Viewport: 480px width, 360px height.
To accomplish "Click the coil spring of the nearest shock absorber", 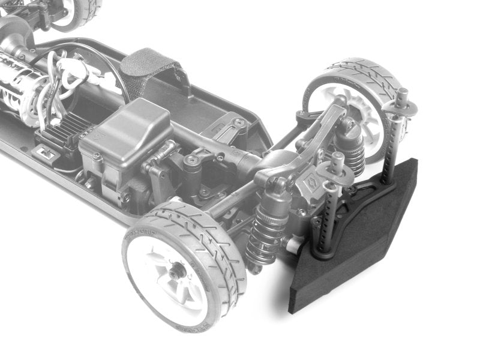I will point(266,231).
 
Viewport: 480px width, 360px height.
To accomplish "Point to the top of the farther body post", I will point(402,95).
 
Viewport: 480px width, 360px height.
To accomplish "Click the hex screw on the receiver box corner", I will point(127,197).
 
